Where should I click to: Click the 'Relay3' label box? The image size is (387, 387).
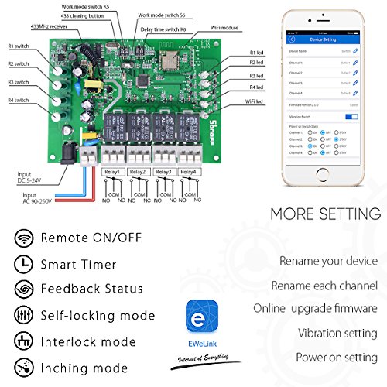[163, 171]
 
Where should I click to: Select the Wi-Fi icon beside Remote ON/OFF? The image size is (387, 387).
[23, 238]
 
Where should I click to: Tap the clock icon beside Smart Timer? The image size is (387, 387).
[23, 264]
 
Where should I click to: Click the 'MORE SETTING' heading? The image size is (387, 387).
[325, 214]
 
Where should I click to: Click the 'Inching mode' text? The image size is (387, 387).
[84, 368]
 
